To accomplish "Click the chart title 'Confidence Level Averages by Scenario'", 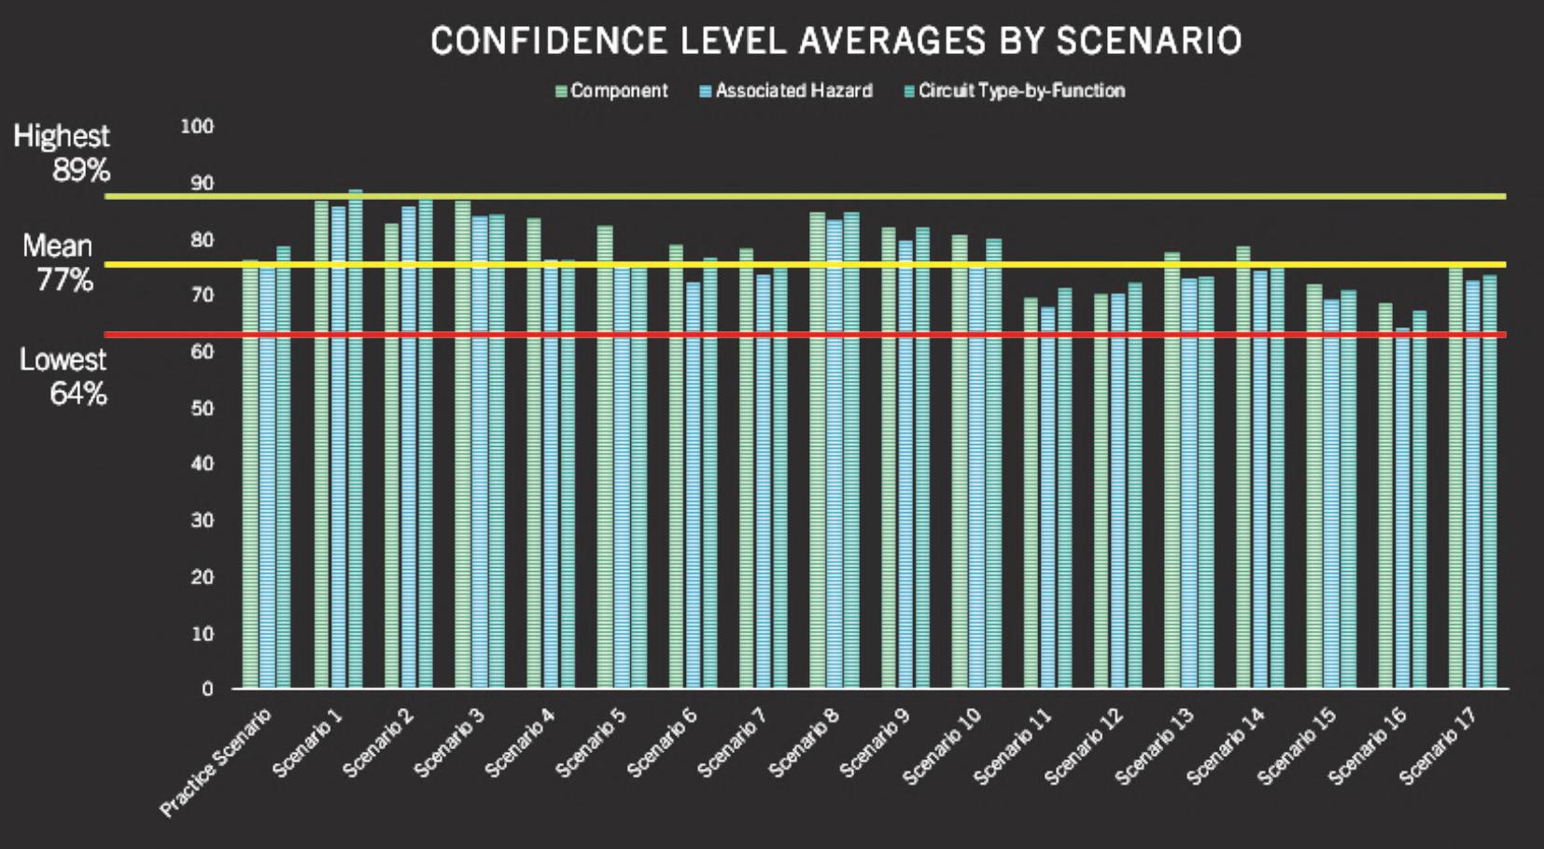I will (835, 41).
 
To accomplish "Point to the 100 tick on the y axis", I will (197, 126).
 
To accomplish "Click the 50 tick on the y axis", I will (202, 408).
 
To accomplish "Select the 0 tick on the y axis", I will (207, 689).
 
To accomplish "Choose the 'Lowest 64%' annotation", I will (63, 376).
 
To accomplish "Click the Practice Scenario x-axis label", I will (216, 761).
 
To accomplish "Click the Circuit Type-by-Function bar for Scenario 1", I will (356, 438).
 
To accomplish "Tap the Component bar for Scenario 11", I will (1031, 494).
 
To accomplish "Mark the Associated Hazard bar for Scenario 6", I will (693, 485).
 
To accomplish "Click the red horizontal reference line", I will (840, 334).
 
